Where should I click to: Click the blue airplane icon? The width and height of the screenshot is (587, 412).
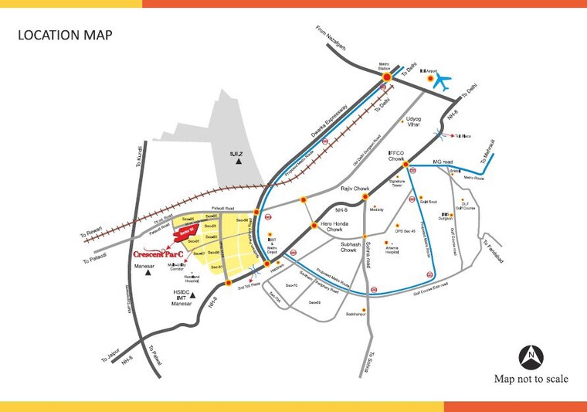click(443, 80)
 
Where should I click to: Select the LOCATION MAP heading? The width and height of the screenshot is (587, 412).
click(65, 35)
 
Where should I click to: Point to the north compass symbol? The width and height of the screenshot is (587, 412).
click(532, 357)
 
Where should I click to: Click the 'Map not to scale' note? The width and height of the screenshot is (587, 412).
click(531, 379)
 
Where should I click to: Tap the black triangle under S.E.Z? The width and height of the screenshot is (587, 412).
click(239, 163)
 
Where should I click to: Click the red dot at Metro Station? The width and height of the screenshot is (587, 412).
click(387, 78)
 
